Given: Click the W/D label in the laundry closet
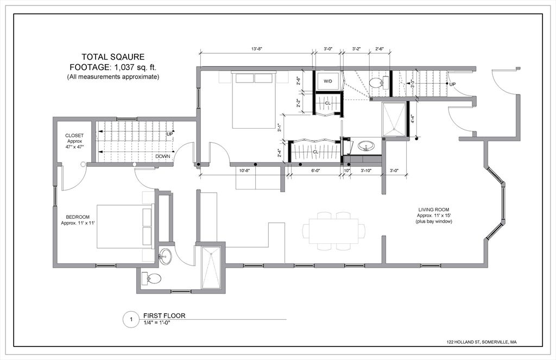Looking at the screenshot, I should (328, 81).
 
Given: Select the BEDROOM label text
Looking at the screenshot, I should (74, 217).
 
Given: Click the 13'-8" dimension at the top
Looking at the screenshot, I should (257, 49).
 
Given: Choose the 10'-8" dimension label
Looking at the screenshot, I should (245, 170).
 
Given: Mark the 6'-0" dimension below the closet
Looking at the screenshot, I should (315, 170).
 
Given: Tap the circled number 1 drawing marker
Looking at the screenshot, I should (130, 320).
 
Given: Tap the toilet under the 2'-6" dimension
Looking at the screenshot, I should (376, 83).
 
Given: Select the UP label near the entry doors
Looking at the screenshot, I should (452, 84).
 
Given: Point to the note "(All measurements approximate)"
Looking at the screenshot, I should (113, 77).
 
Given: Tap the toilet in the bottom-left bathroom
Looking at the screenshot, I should (153, 279).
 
